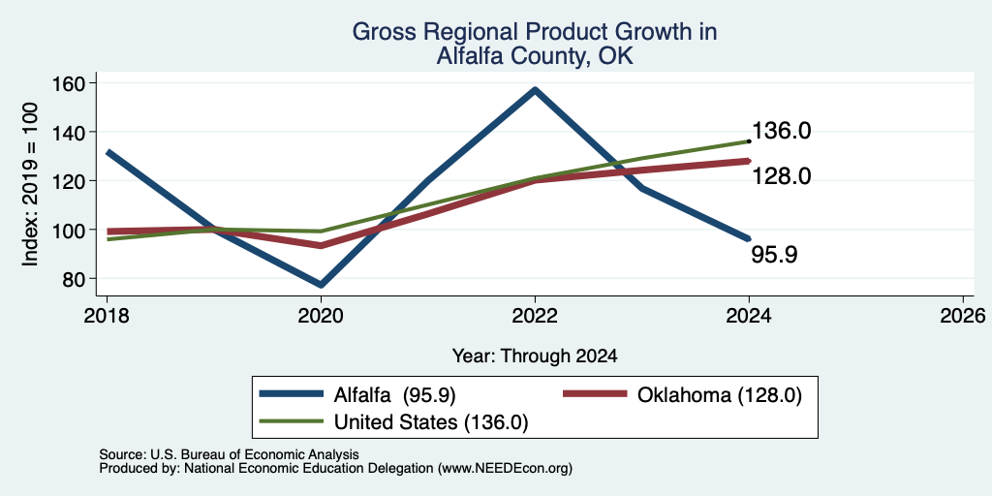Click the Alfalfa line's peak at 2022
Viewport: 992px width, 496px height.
pyautogui.click(x=535, y=90)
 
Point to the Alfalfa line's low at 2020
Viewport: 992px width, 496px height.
pyautogui.click(x=322, y=284)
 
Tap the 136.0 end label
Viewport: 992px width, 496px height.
pyautogui.click(x=782, y=131)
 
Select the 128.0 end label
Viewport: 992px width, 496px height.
pyautogui.click(x=782, y=176)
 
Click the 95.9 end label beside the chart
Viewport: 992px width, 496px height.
pyautogui.click(x=774, y=255)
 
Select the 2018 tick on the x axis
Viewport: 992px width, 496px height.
pyautogui.click(x=107, y=315)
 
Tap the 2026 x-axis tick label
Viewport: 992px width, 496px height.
pyautogui.click(x=963, y=315)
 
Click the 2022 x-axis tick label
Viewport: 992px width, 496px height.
pyautogui.click(x=535, y=315)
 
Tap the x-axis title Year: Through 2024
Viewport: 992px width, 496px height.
pyautogui.click(x=535, y=356)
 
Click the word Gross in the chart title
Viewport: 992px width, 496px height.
pyautogui.click(x=380, y=32)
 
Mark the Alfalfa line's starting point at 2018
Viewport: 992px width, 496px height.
pyautogui.click(x=108, y=152)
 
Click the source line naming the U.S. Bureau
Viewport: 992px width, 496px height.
pyautogui.click(x=229, y=454)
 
